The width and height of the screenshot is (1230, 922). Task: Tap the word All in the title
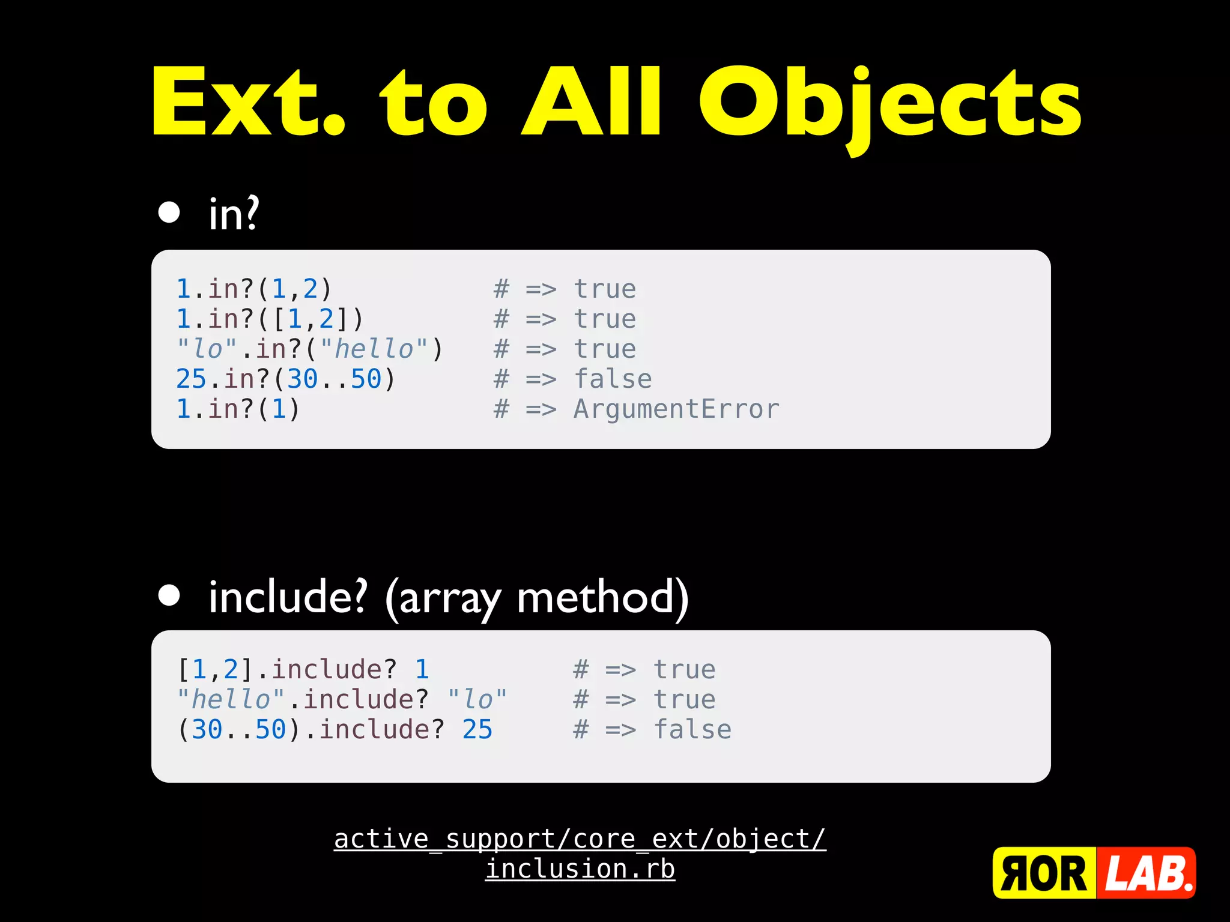tap(592, 102)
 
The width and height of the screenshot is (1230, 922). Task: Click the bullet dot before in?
tap(169, 212)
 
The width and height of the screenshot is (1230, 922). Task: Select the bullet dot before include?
tap(169, 595)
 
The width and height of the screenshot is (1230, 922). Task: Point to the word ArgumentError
tap(676, 409)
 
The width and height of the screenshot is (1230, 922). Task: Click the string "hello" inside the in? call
tap(374, 349)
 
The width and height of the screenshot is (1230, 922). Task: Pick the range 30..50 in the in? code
tap(334, 379)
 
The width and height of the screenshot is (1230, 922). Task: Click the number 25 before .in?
tap(191, 379)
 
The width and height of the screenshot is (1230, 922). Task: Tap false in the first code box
tap(613, 379)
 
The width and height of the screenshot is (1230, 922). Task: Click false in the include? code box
tap(692, 730)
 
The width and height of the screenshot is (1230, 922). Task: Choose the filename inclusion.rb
tap(580, 869)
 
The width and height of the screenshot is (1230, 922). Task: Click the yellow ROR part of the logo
tap(1044, 873)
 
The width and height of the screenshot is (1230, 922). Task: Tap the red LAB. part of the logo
tap(1147, 873)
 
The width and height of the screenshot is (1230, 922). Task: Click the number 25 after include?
tap(477, 730)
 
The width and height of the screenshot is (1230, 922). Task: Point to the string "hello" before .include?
tap(231, 700)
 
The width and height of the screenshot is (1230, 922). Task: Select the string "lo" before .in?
tap(207, 349)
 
